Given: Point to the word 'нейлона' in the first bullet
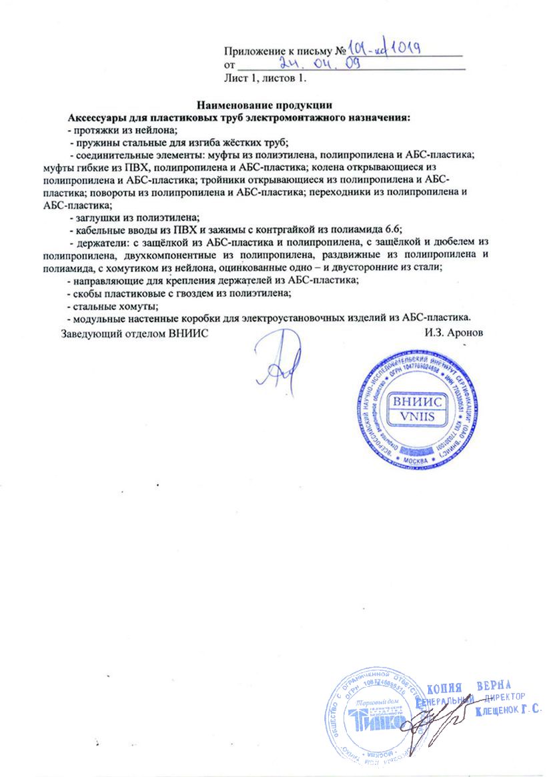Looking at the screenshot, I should tap(155, 130).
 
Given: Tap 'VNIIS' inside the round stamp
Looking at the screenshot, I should tap(418, 417).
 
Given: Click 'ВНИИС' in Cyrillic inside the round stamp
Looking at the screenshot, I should tap(418, 402).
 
